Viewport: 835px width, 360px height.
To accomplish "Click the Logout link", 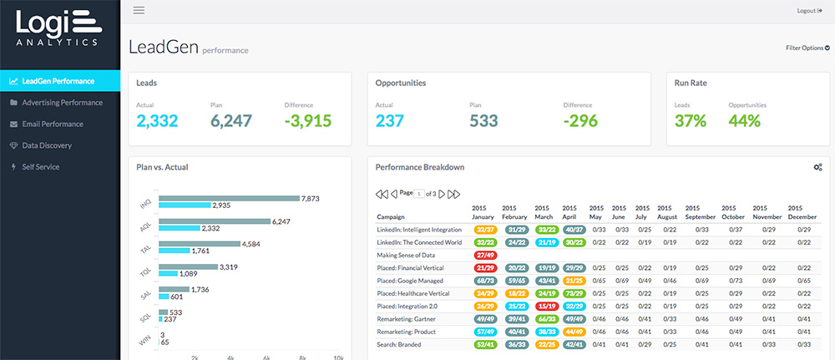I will pyautogui.click(x=810, y=11).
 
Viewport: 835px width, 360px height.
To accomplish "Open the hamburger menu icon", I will pyautogui.click(x=139, y=11).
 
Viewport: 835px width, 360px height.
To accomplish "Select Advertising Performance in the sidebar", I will pyautogui.click(x=62, y=103).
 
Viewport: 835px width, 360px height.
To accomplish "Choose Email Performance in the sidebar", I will pyautogui.click(x=53, y=124).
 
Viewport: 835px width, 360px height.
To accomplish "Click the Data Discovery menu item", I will pyautogui.click(x=47, y=145).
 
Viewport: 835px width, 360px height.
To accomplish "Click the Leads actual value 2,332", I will pyautogui.click(x=158, y=121).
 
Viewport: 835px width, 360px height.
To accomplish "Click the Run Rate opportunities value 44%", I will pyautogui.click(x=744, y=121).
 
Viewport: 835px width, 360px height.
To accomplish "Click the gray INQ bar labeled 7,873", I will pyautogui.click(x=229, y=198).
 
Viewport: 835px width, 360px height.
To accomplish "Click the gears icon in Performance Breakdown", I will pyautogui.click(x=817, y=167).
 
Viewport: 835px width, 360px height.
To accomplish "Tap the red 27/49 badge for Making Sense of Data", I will pyautogui.click(x=485, y=254).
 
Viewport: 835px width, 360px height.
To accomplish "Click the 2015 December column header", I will pyautogui.click(x=802, y=212).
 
